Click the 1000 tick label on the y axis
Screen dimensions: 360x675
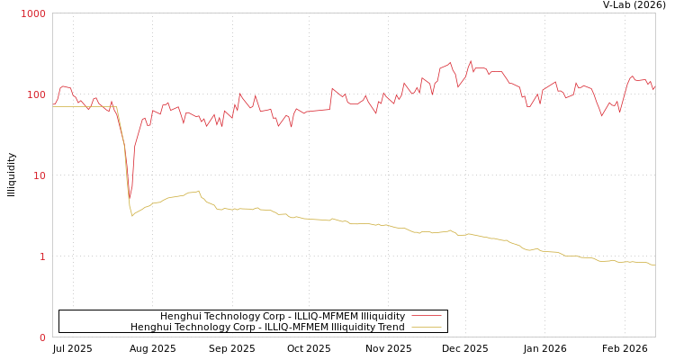pos(33,14)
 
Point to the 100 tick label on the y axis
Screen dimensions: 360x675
pos(36,95)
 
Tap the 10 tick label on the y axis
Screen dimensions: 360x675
pos(39,176)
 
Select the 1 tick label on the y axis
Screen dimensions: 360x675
pos(41,257)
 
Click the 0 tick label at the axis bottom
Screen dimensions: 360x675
pos(41,338)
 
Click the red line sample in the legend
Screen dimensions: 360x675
pos(426,317)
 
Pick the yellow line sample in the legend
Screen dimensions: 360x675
pos(426,328)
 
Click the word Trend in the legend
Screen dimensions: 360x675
pos(391,328)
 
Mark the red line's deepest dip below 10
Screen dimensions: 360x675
pos(130,199)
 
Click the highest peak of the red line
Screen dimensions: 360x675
pos(471,61)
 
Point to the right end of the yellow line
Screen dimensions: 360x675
pos(654,265)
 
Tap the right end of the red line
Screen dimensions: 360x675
pos(654,88)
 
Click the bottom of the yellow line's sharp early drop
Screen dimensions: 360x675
pos(132,216)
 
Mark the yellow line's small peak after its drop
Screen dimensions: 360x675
pos(199,191)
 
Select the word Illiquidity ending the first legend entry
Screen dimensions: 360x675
pos(381,317)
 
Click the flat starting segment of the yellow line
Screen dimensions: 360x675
pos(85,107)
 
